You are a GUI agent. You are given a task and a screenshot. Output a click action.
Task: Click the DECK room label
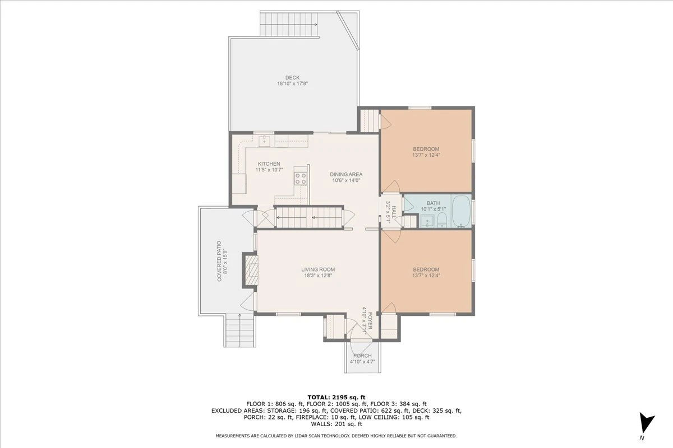point(292,78)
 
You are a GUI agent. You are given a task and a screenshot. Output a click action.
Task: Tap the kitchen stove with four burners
point(301,178)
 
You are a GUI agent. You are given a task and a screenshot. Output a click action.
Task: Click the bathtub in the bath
point(461,211)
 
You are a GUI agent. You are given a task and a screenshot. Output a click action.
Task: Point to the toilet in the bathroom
point(442,220)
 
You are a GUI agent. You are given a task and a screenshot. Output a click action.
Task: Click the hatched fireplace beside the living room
point(251,270)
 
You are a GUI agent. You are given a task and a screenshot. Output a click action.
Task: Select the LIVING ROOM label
point(318,269)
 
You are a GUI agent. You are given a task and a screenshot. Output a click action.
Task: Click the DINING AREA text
point(346,174)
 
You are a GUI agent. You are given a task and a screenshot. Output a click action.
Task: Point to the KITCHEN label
point(269,164)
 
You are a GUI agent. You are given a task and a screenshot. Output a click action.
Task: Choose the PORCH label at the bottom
point(362,356)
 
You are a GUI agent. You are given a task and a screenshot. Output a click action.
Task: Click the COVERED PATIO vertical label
point(219,261)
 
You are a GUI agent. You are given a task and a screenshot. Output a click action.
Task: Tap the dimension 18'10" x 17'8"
point(292,83)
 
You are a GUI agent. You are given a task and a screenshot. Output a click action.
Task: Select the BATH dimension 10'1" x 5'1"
point(433,209)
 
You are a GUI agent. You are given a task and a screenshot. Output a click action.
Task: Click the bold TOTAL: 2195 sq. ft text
point(336,398)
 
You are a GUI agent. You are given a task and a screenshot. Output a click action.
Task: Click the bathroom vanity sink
point(427,221)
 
